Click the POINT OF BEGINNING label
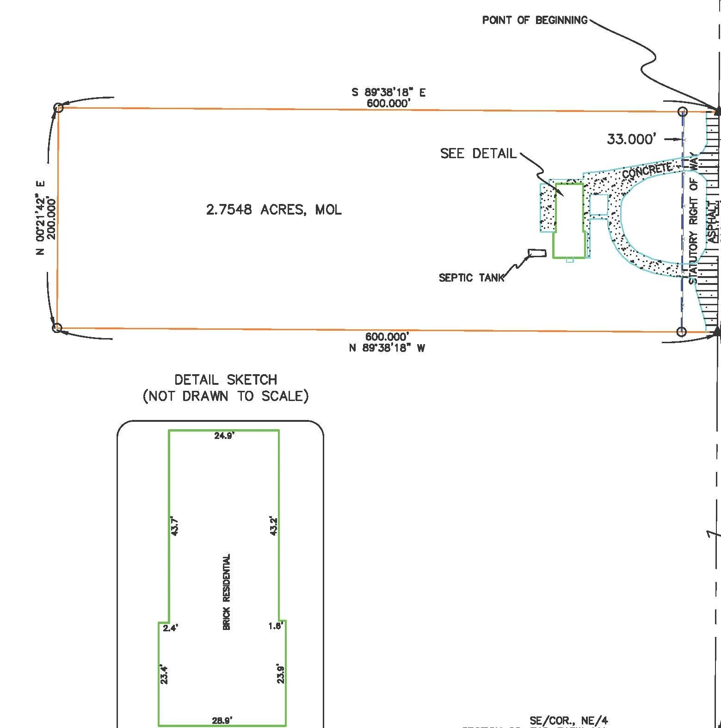pos(534,20)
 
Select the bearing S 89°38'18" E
pos(388,93)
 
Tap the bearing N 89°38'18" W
pos(387,348)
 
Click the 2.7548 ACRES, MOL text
pos(274,210)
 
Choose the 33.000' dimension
pos(631,139)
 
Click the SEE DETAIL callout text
pos(478,154)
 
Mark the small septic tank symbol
pos(537,253)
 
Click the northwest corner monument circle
pos(58,108)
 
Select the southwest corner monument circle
pos(57,328)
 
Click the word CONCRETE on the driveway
pos(647,170)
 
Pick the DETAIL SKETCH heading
pos(226,380)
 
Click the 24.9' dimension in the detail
pos(224,436)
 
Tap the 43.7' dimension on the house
pos(174,526)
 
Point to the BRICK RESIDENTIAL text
pos(227,592)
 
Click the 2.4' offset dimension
pos(170,628)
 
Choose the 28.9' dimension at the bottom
pos(222,720)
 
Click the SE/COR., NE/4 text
pos(568,720)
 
